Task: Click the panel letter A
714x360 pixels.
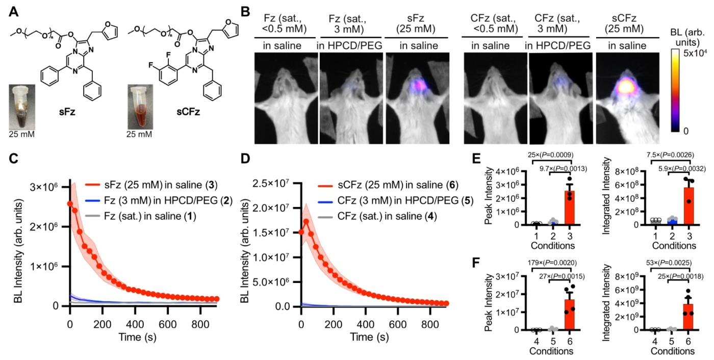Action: click(x=14, y=11)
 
